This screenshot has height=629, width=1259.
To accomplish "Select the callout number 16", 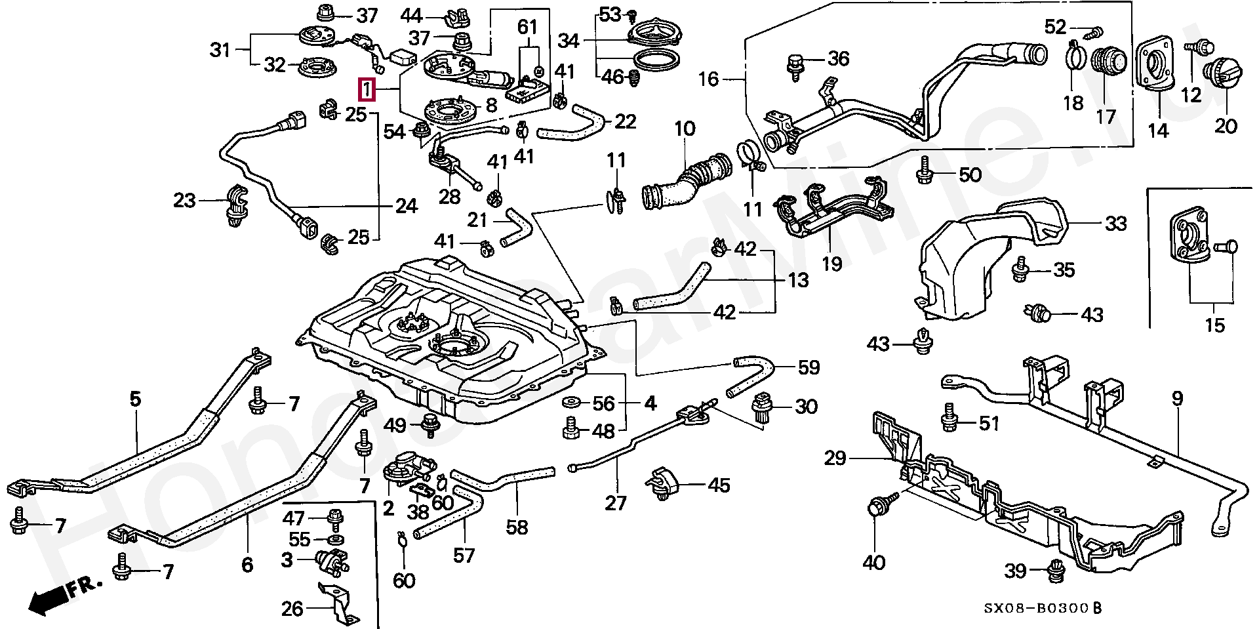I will (x=708, y=79).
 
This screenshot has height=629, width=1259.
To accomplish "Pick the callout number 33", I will (x=1115, y=224).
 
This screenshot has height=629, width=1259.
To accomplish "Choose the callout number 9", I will (x=1178, y=398).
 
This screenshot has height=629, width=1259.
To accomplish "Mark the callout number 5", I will (x=135, y=398).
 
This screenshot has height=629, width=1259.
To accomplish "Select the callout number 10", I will (x=685, y=129).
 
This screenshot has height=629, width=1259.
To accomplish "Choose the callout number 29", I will (x=835, y=458).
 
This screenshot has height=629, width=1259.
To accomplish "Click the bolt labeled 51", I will (x=949, y=416).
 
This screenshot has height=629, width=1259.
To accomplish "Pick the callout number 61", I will (x=527, y=28).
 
